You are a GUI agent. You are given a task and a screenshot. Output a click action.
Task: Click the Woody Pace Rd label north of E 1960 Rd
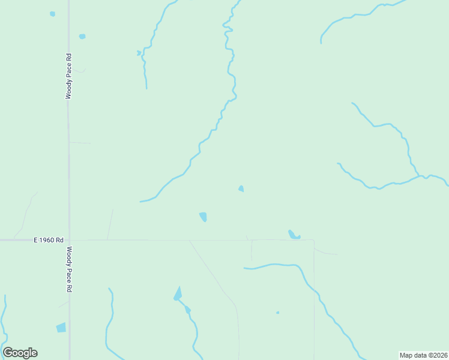point(69,76)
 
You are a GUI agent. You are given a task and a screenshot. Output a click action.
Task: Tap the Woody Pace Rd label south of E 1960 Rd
point(69,269)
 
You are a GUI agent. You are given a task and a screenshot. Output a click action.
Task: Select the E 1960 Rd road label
point(49,240)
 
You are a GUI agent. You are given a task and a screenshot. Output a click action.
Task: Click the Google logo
point(20,353)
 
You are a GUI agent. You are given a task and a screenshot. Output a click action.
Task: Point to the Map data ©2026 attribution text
point(424,355)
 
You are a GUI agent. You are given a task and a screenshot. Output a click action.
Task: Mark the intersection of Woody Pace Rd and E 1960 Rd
point(69,240)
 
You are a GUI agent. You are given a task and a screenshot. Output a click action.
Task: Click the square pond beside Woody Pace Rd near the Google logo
point(61,328)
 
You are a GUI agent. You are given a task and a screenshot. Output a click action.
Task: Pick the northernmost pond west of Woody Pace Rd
point(53,13)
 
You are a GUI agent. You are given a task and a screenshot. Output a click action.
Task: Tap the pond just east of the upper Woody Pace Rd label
point(82,37)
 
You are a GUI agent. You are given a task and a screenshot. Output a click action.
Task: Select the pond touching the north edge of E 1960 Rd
point(294,235)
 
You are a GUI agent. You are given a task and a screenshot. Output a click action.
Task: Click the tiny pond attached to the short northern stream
point(139,53)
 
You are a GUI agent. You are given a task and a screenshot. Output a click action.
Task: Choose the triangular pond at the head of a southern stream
point(178,293)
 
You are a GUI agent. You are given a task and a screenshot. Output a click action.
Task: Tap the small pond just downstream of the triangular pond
point(188,310)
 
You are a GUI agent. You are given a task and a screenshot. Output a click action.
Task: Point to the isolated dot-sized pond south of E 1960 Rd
point(277,312)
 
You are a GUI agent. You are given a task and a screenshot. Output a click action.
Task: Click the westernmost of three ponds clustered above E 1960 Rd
point(203,216)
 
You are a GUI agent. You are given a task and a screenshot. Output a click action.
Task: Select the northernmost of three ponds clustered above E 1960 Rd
point(241,188)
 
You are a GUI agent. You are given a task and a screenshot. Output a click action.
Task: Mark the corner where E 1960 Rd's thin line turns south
point(314,241)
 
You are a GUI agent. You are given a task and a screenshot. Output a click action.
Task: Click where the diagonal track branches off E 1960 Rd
point(189,241)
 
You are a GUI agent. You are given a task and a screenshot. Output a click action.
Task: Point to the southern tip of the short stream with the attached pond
point(146,88)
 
